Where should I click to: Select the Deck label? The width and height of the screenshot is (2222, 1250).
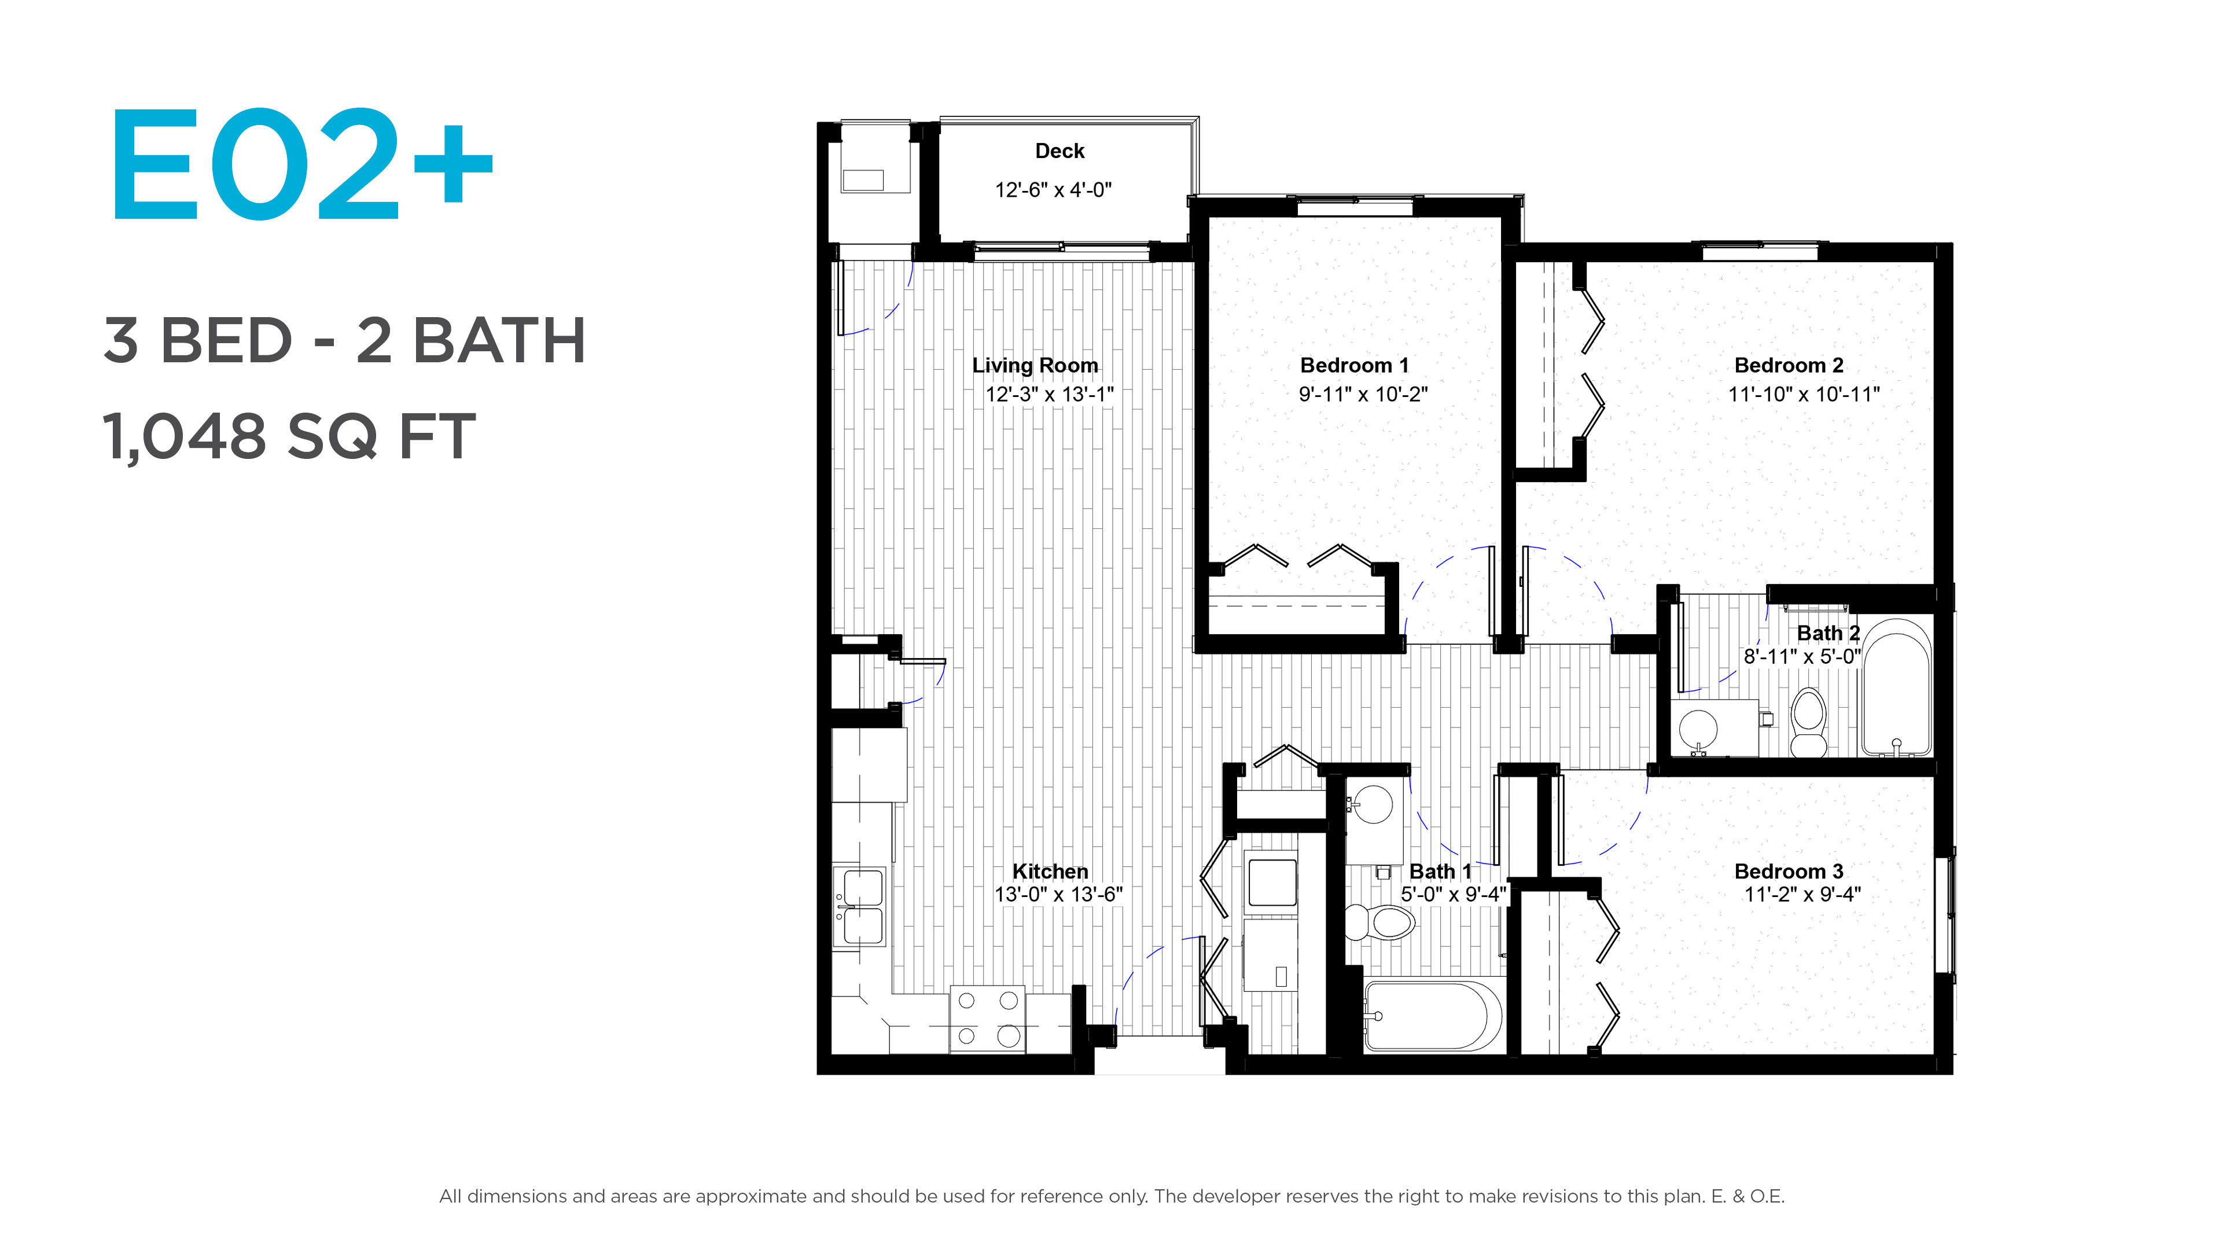(x=1060, y=151)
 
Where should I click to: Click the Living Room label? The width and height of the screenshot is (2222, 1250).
(x=1035, y=366)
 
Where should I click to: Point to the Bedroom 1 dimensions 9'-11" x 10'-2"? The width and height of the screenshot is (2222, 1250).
(x=1363, y=394)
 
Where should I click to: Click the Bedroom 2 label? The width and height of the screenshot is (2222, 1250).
(x=1789, y=366)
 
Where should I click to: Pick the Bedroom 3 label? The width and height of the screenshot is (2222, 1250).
(x=1789, y=872)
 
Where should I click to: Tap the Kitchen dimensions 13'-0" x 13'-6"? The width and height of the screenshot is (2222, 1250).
(x=1058, y=895)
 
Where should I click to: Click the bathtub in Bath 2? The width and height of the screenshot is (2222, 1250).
(x=1896, y=687)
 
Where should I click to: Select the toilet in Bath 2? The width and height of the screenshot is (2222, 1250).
(x=1809, y=723)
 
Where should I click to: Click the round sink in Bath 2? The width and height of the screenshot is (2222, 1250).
(x=1698, y=729)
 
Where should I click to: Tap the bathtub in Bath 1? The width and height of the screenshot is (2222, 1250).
(x=1433, y=1016)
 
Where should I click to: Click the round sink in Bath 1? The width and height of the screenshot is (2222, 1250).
(x=1371, y=803)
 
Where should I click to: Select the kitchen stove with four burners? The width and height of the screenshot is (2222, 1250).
(x=988, y=1019)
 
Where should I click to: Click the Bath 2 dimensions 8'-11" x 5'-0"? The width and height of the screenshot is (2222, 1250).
(x=1802, y=656)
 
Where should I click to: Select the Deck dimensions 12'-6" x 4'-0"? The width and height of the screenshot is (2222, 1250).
(x=1053, y=190)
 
